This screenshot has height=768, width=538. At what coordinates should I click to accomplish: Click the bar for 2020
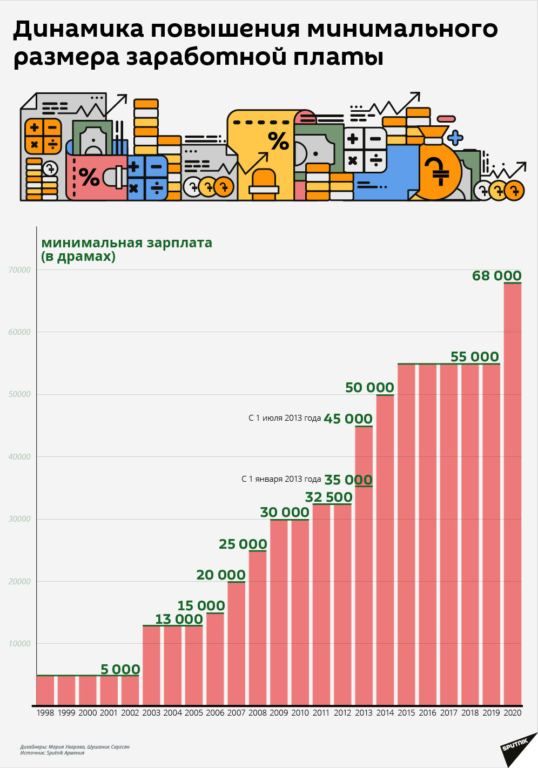(512, 494)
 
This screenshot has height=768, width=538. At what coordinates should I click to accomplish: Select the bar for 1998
(45, 691)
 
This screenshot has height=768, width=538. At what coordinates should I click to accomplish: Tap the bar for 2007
(236, 644)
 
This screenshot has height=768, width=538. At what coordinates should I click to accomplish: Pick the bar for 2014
(385, 550)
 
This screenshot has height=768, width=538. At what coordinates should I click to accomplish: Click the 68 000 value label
(496, 275)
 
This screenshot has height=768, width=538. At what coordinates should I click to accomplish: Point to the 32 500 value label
(328, 497)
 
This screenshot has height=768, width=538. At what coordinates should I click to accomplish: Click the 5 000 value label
(120, 669)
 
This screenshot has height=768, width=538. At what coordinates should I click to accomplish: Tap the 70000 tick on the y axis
(19, 270)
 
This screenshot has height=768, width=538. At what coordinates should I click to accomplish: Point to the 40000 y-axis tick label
(19, 457)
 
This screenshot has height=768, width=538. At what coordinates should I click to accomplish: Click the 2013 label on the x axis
(364, 713)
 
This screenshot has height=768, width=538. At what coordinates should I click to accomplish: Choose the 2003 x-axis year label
(151, 713)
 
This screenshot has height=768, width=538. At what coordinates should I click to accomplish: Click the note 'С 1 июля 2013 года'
(285, 418)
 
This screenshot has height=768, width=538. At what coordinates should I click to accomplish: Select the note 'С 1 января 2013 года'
(281, 479)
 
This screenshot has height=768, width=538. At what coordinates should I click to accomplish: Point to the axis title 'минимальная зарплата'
(126, 242)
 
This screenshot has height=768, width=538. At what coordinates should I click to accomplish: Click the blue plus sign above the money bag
(455, 138)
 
